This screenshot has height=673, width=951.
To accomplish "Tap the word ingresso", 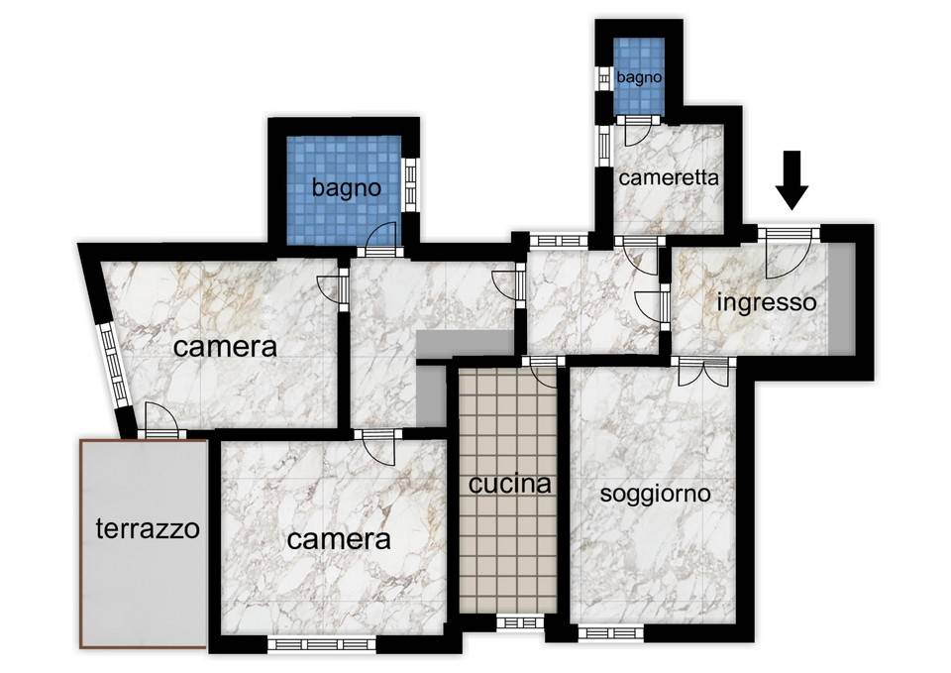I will point(766,301).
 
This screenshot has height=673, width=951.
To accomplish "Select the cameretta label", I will point(669,178).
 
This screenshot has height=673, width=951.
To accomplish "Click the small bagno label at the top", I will point(638,76).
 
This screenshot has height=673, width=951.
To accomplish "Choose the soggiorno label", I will point(655,493).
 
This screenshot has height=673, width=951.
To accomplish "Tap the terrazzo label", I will point(148,528).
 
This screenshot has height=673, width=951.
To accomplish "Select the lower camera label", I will point(338,539).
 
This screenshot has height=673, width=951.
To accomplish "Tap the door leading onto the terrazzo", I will point(158,421).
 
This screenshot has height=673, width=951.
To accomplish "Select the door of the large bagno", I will point(379,238).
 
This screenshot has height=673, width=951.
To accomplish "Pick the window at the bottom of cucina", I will point(519,621).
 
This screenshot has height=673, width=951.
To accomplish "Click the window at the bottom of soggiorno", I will point(610,632).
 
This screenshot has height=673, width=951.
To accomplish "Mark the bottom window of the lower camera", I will point(323,644).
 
